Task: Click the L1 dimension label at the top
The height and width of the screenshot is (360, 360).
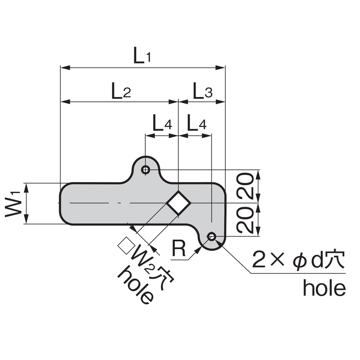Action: click(142, 57)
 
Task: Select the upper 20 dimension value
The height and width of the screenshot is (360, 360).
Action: click(246, 186)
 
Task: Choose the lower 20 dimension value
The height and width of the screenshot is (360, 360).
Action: click(246, 220)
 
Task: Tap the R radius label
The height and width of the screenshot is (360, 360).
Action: click(178, 248)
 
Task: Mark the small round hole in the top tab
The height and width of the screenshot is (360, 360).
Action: click(146, 170)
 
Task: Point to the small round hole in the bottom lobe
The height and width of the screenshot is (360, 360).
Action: click(212, 237)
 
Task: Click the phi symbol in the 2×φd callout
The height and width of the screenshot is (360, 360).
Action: click(299, 261)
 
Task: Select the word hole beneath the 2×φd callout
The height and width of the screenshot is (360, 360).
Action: click(324, 288)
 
